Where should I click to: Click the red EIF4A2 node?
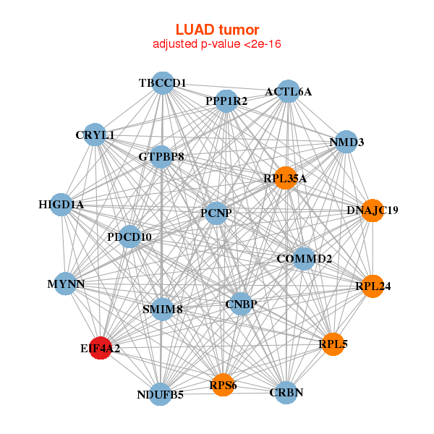tap(100, 348)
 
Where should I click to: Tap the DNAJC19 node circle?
tap(373, 210)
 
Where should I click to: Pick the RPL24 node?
tap(373, 286)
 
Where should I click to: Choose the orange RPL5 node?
tap(333, 344)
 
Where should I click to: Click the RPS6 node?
tap(224, 386)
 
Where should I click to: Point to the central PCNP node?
tap(216, 214)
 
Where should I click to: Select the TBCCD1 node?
tap(163, 83)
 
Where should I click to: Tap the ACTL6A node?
tap(288, 92)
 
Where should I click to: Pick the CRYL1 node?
tap(95, 135)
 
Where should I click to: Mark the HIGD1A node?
tap(61, 205)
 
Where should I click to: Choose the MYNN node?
tap(67, 284)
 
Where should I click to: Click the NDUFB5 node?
tap(161, 394)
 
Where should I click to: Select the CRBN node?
tap(286, 392)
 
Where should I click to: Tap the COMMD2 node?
tap(305, 258)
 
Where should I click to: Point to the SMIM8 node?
tap(162, 309)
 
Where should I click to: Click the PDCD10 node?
tap(129, 237)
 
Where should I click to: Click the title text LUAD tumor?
tap(217, 30)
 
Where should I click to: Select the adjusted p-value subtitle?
tap(217, 44)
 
